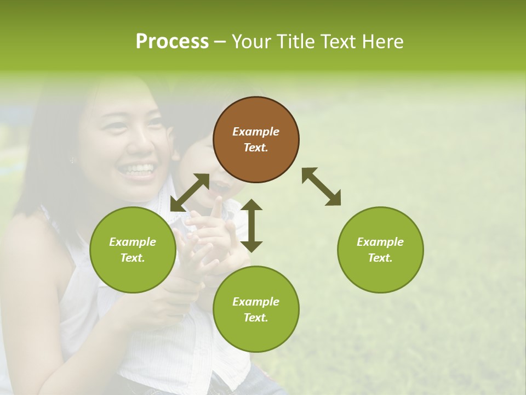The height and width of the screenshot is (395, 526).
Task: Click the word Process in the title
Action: tap(172, 42)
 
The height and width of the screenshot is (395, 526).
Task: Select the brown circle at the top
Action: tap(256, 140)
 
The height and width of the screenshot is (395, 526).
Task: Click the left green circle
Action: tap(133, 250)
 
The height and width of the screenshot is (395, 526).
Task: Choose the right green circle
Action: tap(380, 250)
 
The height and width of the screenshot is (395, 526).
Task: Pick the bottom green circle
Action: tap(256, 309)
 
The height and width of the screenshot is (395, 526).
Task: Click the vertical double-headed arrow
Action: tap(251, 225)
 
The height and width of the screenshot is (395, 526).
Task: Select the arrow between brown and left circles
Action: tap(190, 192)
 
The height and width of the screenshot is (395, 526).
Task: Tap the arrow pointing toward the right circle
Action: tap(321, 187)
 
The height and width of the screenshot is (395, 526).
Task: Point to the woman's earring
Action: tap(71, 160)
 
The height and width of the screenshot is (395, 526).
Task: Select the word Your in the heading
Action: tap(251, 42)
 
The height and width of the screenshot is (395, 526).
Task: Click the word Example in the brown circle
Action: tap(256, 132)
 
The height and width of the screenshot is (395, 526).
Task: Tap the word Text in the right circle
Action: tap(380, 258)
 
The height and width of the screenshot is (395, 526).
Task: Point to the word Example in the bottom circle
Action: tap(256, 302)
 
